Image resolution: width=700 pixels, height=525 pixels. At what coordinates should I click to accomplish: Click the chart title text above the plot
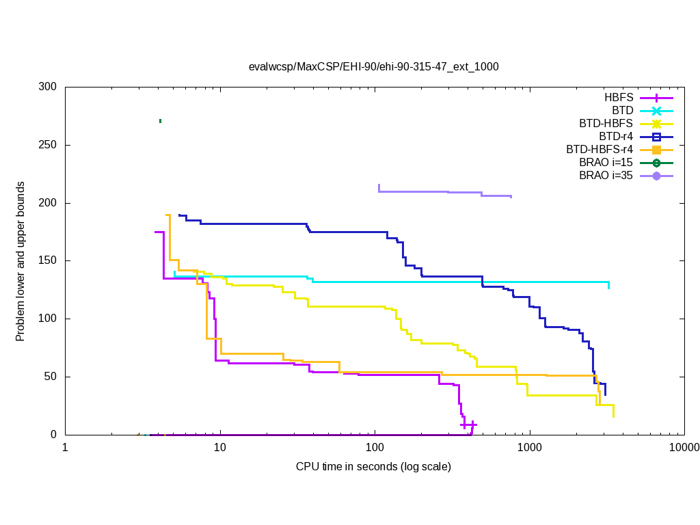pyautogui.click(x=374, y=67)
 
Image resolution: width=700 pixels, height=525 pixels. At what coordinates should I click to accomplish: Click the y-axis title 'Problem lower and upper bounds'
pyautogui.click(x=21, y=262)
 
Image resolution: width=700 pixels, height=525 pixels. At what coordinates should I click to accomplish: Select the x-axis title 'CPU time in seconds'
pyautogui.click(x=373, y=467)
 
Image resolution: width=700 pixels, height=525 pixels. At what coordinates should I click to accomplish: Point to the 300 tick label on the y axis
pyautogui.click(x=48, y=87)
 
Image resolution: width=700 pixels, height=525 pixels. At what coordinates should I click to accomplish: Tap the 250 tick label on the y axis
pyautogui.click(x=48, y=146)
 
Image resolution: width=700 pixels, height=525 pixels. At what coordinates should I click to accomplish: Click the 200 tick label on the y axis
pyautogui.click(x=48, y=203)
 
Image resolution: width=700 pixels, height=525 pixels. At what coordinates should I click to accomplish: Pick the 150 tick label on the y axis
pyautogui.click(x=48, y=261)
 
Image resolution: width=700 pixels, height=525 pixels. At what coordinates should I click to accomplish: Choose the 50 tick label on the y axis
pyautogui.click(x=51, y=377)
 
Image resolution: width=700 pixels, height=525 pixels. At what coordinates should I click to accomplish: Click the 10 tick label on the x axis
pyautogui.click(x=220, y=448)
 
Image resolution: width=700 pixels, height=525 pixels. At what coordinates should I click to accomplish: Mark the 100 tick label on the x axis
pyautogui.click(x=375, y=448)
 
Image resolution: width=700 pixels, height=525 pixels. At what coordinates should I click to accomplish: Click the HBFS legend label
pyautogui.click(x=619, y=98)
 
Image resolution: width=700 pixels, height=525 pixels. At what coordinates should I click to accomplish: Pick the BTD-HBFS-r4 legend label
pyautogui.click(x=600, y=150)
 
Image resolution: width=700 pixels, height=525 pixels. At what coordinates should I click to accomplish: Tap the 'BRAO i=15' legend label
pyautogui.click(x=606, y=163)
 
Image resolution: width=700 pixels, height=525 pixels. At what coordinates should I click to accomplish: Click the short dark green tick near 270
pyautogui.click(x=160, y=121)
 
